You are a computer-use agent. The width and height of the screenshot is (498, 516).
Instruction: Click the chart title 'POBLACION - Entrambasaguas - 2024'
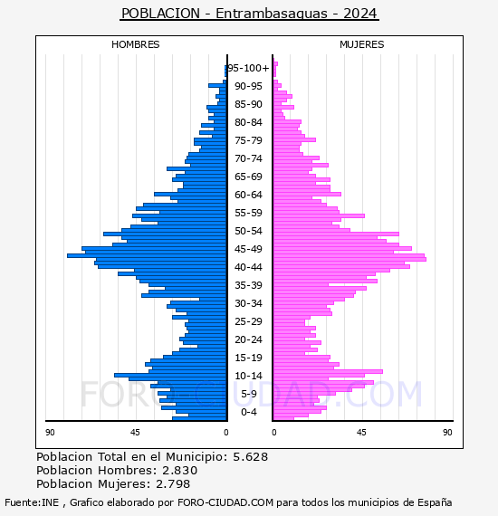point(249,14)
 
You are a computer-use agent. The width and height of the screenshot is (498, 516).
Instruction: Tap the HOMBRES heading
point(135,44)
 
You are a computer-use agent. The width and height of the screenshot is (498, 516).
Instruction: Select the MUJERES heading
point(362,44)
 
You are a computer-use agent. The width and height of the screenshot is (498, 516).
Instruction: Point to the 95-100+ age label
point(248,68)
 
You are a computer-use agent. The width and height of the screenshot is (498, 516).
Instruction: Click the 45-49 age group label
point(248,249)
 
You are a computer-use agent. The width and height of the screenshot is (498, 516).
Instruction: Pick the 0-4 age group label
point(248,412)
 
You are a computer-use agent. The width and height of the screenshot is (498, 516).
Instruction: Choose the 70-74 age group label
point(248,158)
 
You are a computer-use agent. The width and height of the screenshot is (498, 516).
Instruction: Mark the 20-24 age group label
point(248,339)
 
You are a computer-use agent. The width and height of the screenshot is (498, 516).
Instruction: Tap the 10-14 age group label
point(248,376)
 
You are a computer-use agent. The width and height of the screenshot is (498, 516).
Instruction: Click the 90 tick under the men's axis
point(50,432)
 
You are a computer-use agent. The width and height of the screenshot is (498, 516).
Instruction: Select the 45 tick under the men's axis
point(135,432)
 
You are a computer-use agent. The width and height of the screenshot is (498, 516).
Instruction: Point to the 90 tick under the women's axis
point(447,432)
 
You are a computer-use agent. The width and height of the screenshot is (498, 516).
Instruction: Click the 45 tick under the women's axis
point(361,432)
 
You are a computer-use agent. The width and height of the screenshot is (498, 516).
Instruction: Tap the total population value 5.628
point(251,457)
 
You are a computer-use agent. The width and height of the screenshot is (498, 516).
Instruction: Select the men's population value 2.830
point(179,470)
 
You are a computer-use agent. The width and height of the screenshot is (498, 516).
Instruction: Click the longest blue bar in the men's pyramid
point(147,255)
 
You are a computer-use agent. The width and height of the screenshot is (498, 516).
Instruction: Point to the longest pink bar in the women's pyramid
point(350,259)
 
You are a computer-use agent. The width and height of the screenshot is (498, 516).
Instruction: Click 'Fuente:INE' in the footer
point(32,502)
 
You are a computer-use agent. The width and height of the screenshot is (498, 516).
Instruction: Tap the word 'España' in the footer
point(435,502)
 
